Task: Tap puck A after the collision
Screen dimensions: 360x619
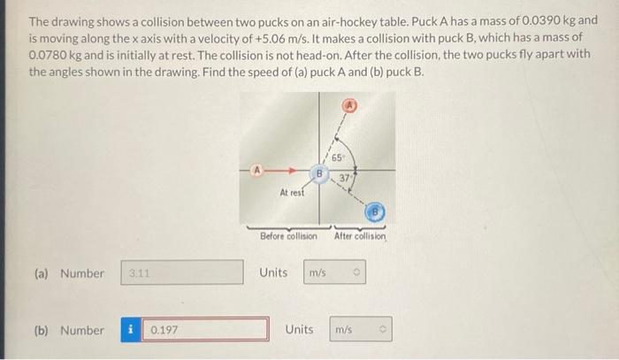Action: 351,103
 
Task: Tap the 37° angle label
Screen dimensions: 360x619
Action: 348,179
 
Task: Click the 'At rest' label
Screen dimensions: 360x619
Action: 292,192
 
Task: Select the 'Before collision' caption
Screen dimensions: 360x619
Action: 288,236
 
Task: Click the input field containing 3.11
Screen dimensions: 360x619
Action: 181,273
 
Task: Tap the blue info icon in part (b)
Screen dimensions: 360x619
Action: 131,330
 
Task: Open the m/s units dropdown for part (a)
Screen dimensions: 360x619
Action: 334,273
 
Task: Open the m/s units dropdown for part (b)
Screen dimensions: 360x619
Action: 361,330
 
